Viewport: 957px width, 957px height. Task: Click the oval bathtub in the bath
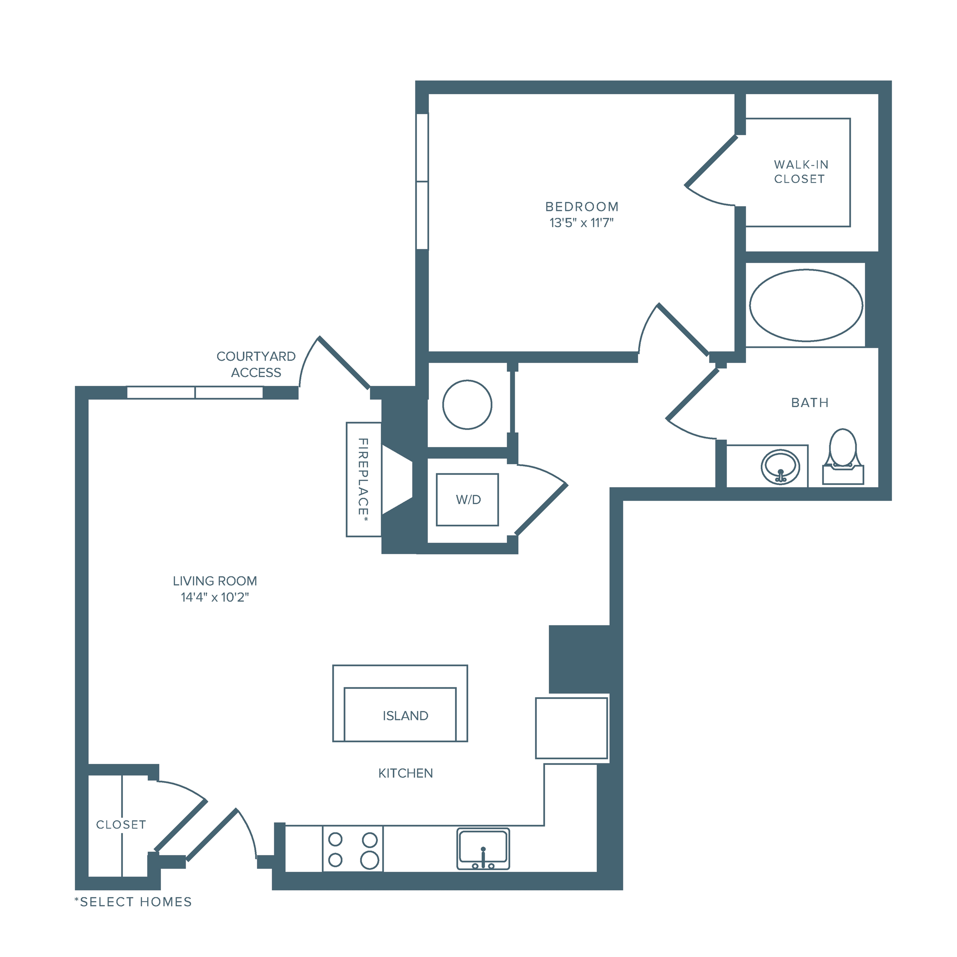[806, 306]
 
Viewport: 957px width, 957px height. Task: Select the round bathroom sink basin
[780, 467]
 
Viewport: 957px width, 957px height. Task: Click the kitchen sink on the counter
[483, 849]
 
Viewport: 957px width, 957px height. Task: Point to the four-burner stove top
[353, 849]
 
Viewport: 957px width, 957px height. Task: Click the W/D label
[468, 500]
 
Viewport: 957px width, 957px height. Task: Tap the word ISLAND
[405, 716]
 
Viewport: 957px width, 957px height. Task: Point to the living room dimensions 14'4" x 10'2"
[214, 597]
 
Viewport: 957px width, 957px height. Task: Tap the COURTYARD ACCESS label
[256, 364]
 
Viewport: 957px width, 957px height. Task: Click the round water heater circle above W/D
[467, 405]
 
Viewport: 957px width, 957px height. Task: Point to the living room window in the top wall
[195, 393]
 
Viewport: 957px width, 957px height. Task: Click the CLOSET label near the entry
[121, 825]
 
